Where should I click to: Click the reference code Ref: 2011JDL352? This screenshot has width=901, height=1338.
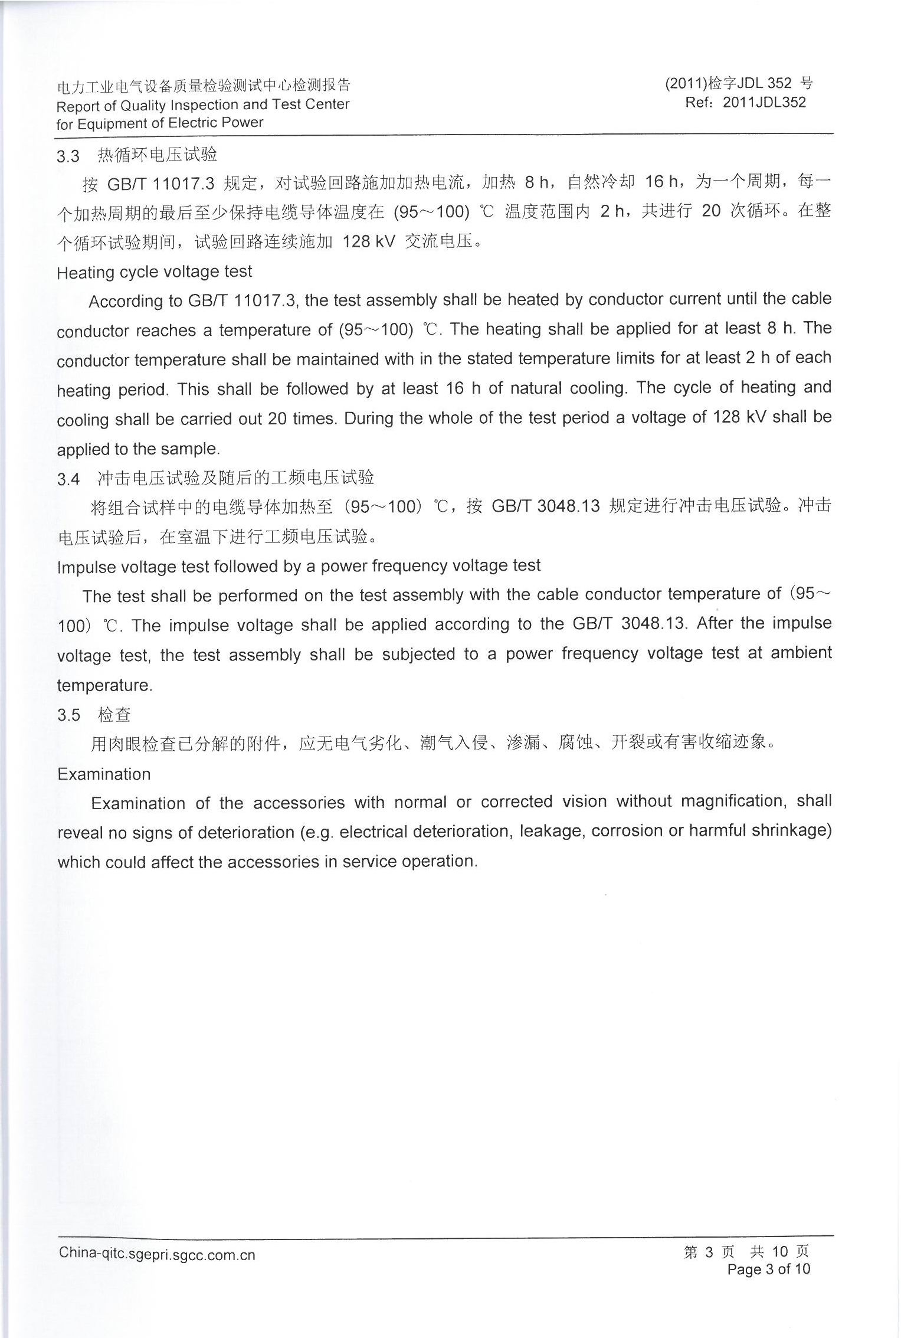(745, 102)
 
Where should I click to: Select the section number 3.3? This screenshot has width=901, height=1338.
(68, 156)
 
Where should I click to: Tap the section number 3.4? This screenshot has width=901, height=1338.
(68, 479)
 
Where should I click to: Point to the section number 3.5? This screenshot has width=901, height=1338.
(68, 715)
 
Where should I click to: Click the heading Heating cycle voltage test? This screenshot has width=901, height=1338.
(154, 272)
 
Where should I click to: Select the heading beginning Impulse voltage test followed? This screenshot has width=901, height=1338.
(299, 566)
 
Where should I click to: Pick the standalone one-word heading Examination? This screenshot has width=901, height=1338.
(104, 774)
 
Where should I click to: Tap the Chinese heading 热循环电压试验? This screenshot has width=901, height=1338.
(157, 155)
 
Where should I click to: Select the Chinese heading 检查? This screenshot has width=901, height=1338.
(114, 715)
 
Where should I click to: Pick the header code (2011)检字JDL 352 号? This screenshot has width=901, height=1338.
(739, 84)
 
